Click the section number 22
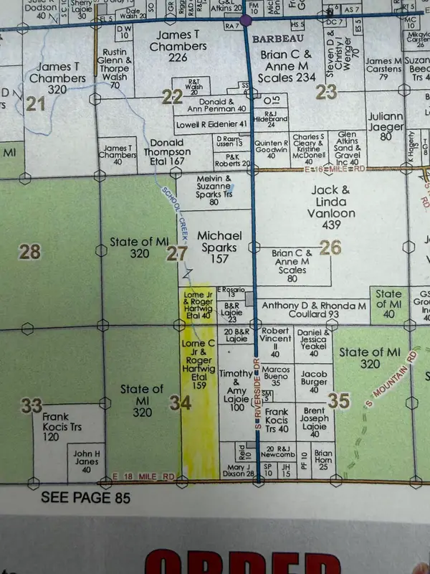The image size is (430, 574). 171,98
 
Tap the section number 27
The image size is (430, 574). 176,253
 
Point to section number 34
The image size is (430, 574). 180,403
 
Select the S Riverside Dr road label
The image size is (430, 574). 257,402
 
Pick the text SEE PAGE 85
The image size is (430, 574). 86,497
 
